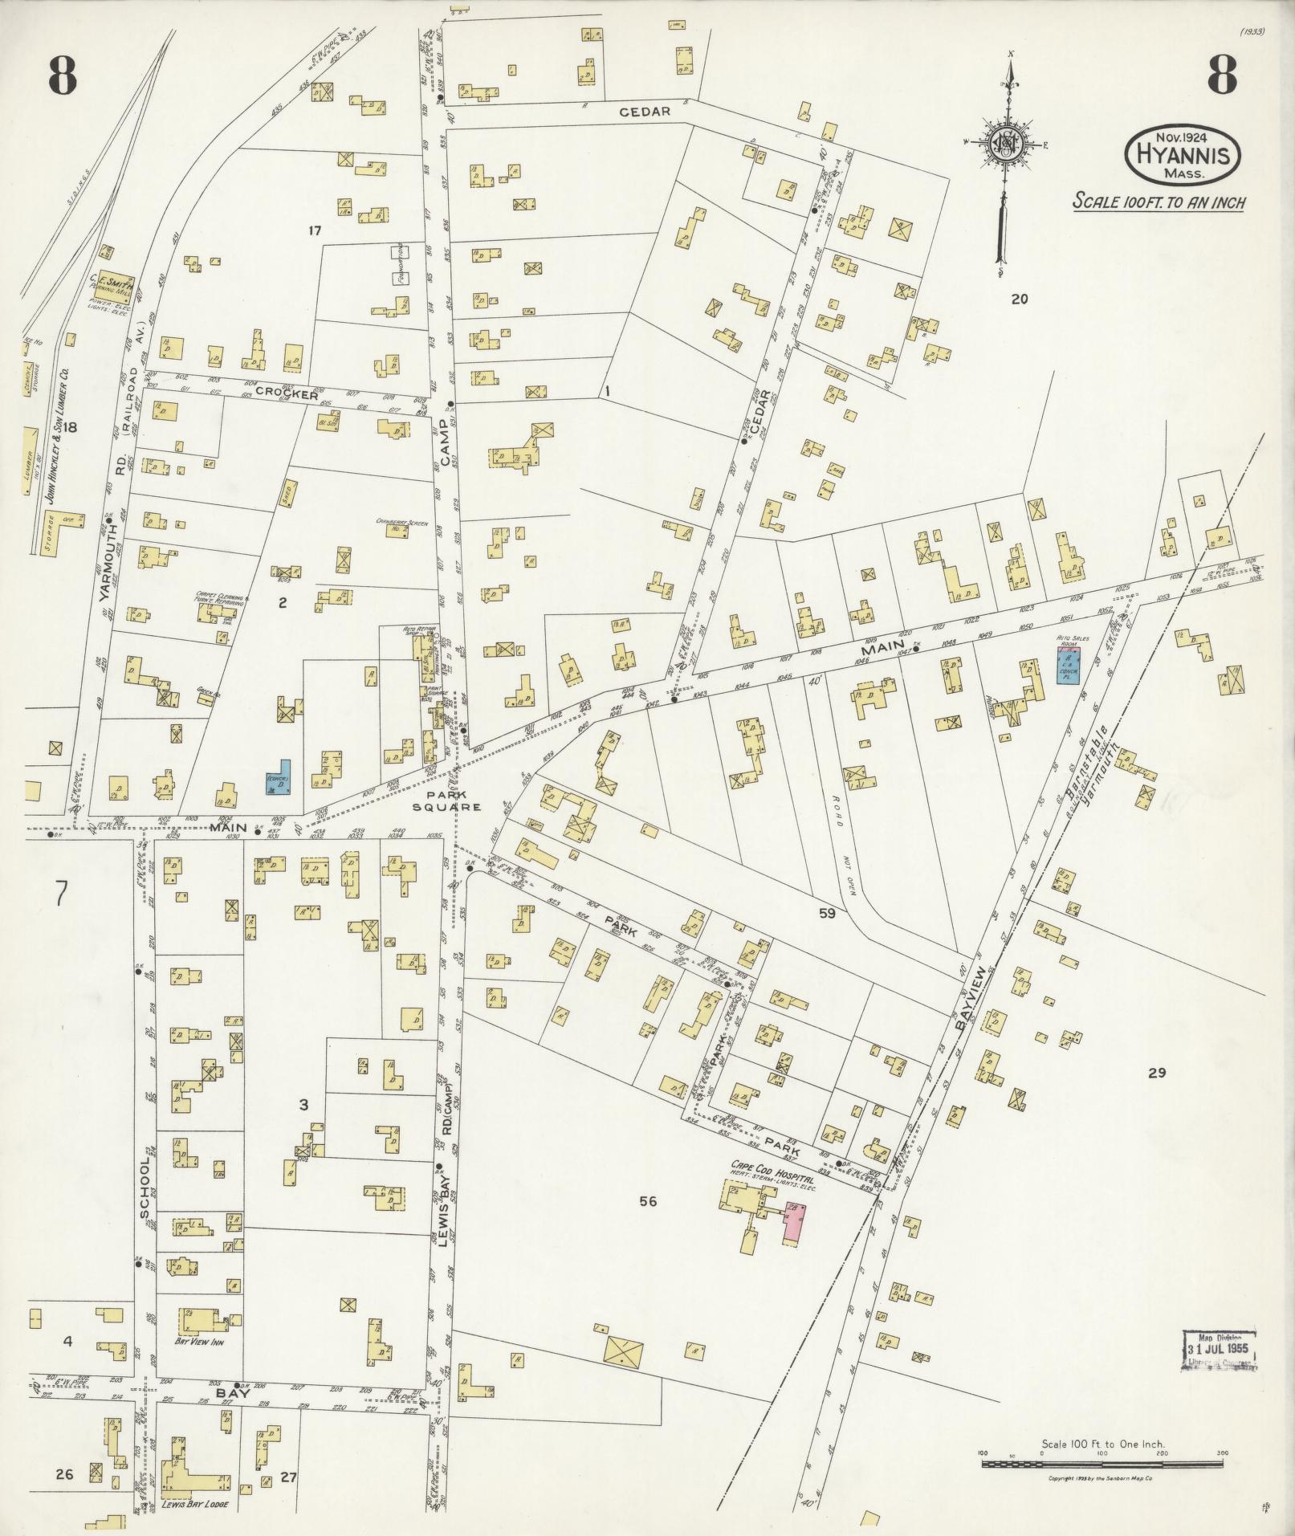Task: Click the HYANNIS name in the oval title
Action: (1183, 155)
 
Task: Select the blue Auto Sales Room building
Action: (1067, 661)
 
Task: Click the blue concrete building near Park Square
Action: (278, 777)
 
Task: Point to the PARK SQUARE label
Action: (454, 801)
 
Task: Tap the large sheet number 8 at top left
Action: (62, 78)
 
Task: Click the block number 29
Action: (1156, 1072)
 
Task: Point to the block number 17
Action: (314, 230)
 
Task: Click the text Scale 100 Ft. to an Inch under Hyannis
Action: (1159, 202)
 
